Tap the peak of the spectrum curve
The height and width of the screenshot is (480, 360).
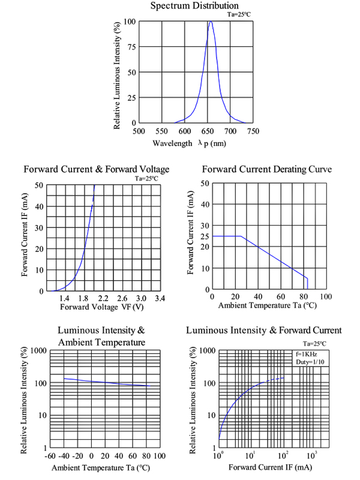click(x=211, y=22)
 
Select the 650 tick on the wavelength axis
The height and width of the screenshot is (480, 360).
click(x=207, y=131)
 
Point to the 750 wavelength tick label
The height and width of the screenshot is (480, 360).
click(x=253, y=131)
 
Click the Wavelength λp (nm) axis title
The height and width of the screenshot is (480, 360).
click(x=189, y=143)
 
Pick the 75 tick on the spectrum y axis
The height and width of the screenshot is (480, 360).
click(x=131, y=47)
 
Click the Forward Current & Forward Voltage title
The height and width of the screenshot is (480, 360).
click(x=96, y=169)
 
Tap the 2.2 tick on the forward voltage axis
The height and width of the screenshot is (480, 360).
click(x=103, y=298)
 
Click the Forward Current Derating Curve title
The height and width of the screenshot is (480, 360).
click(x=267, y=169)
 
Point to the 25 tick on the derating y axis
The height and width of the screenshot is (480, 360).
click(x=205, y=236)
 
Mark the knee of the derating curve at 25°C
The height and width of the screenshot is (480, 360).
click(x=241, y=236)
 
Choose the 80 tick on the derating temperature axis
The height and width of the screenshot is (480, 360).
click(x=302, y=297)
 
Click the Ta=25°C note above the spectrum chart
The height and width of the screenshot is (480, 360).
click(x=239, y=14)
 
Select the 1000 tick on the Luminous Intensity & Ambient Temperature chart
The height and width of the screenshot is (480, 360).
click(x=37, y=350)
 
